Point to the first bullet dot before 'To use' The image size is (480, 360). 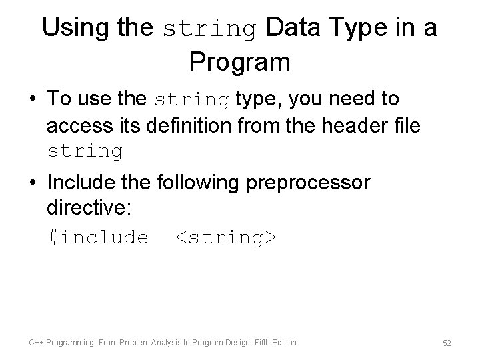coord(34,100)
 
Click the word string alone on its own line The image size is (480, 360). coord(85,151)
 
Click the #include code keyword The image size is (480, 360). coord(98,236)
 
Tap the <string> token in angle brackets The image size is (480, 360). coord(225,236)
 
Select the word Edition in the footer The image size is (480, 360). coord(284,343)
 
